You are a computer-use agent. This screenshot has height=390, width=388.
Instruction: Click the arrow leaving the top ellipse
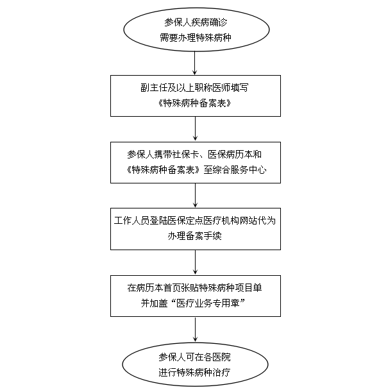pyautogui.click(x=195, y=63)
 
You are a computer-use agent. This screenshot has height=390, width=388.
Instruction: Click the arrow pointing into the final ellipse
pyautogui.click(x=195, y=329)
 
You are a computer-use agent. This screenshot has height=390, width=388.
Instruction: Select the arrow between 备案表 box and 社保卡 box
pyautogui.click(x=195, y=128)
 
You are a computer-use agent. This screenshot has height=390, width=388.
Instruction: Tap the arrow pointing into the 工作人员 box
pyautogui.click(x=195, y=195)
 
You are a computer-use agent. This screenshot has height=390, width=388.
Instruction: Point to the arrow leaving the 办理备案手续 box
pyautogui.click(x=195, y=262)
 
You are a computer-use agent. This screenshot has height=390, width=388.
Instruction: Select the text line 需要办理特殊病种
pyautogui.click(x=196, y=38)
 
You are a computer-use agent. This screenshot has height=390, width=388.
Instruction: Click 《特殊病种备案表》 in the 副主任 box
pyautogui.click(x=195, y=103)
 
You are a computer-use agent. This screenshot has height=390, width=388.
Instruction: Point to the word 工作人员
pyautogui.click(x=132, y=221)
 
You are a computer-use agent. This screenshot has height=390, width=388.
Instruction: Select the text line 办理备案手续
pyautogui.click(x=195, y=236)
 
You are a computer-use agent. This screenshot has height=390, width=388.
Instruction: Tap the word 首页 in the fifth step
pyautogui.click(x=173, y=288)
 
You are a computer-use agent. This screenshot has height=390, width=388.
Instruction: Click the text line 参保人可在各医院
pyautogui.click(x=195, y=357)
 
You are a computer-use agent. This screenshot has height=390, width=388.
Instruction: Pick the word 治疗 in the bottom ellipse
pyautogui.click(x=222, y=373)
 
